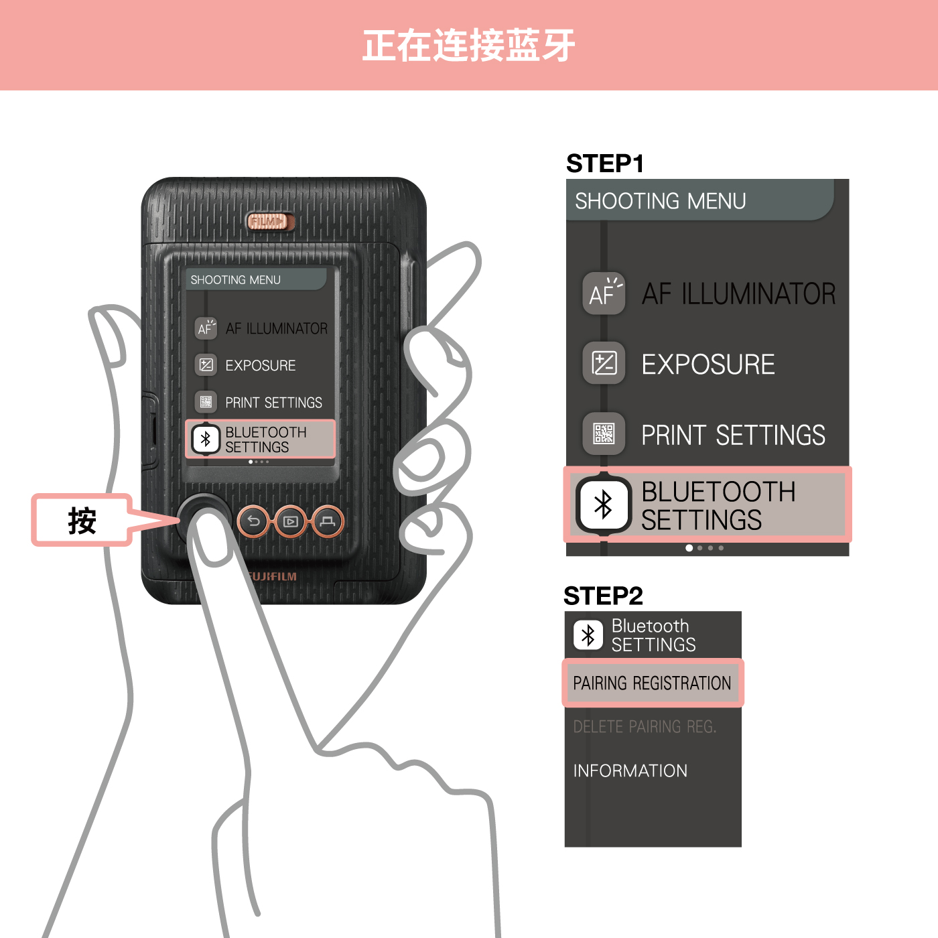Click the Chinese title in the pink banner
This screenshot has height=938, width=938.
469,46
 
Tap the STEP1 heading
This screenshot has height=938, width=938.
605,163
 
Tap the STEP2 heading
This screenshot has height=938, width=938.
603,596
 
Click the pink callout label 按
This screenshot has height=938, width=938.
82,521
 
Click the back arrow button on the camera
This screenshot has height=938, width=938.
253,522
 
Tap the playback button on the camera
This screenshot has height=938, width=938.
291,522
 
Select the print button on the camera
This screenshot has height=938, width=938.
328,522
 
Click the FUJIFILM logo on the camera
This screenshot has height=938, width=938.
271,576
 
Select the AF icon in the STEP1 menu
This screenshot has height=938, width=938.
604,293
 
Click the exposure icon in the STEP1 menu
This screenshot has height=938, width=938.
604,364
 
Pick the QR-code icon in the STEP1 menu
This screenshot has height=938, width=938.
604,433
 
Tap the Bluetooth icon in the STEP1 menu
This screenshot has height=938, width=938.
604,505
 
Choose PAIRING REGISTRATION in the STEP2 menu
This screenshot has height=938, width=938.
653,683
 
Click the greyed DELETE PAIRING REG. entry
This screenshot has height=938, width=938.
645,726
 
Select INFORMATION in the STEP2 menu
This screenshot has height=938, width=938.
630,770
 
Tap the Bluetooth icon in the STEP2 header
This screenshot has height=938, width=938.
588,635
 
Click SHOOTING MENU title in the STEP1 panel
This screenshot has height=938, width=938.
661,201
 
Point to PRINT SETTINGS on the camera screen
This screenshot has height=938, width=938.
273,403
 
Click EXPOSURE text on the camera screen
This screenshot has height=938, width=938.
261,365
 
